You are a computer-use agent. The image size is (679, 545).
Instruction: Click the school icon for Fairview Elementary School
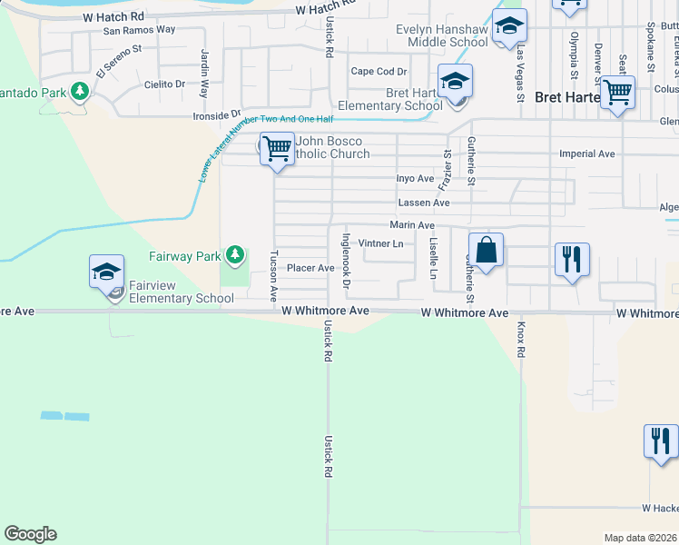(106, 271)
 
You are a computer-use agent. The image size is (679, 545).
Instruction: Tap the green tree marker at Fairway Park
(235, 253)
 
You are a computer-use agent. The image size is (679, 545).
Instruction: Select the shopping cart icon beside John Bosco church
(277, 147)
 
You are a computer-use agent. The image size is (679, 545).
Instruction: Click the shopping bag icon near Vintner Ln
(486, 250)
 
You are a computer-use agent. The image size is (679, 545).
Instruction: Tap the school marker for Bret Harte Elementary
(455, 82)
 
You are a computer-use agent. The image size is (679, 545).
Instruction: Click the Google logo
(30, 534)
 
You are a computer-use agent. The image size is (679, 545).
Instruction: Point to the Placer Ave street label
(310, 268)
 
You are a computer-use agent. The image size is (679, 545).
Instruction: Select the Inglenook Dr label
(346, 261)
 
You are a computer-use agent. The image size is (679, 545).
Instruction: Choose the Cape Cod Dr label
(379, 72)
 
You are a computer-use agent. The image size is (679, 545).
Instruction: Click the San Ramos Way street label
(139, 30)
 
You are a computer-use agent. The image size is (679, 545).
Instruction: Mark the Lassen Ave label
(424, 203)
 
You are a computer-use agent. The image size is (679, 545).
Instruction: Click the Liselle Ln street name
(434, 258)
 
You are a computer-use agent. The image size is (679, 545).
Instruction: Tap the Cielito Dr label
(164, 84)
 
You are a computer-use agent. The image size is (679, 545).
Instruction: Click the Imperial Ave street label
(587, 154)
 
